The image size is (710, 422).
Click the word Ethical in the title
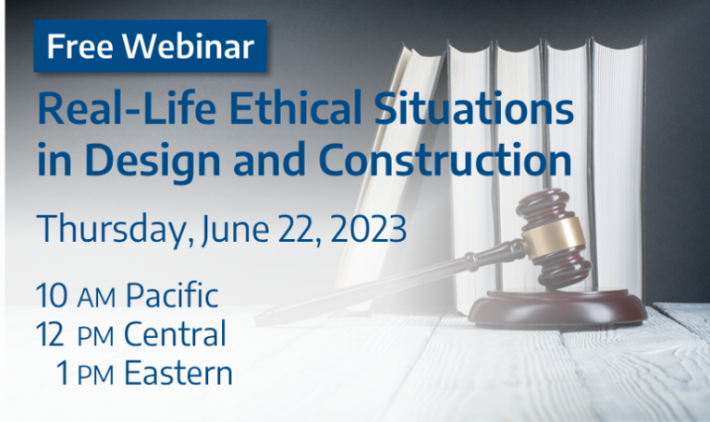pyautogui.click(x=271, y=113)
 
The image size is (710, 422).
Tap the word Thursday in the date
pyautogui.click(x=111, y=228)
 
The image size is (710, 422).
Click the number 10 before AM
pyautogui.click(x=52, y=297)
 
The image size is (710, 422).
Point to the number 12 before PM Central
pyautogui.click(x=52, y=334)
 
